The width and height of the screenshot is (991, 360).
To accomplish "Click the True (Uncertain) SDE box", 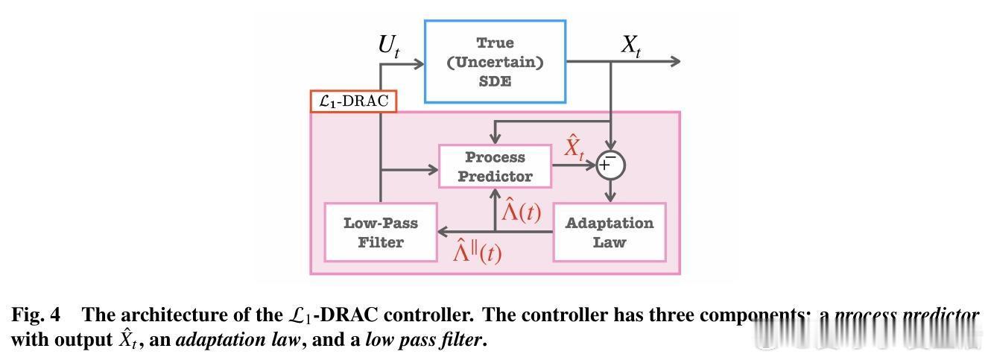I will [495, 62].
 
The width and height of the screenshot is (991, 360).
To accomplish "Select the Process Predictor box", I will [495, 167].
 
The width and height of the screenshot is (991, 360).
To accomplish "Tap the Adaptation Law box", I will [609, 233].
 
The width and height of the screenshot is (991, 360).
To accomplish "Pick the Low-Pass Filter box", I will [380, 233].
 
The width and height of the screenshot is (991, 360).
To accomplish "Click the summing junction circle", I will [611, 165].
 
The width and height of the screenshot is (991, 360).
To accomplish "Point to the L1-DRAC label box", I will [353, 101].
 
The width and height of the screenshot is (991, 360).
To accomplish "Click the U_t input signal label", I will [389, 47].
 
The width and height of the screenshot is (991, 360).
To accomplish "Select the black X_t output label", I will [631, 47].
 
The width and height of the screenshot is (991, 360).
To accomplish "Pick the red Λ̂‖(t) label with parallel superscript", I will [478, 252].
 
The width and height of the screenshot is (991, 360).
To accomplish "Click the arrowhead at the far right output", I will [674, 61].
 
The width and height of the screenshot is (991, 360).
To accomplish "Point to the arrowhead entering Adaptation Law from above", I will [611, 197].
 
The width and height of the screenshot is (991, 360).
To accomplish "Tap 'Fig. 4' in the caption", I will [35, 315].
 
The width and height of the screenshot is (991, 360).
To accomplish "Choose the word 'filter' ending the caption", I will [462, 341].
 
